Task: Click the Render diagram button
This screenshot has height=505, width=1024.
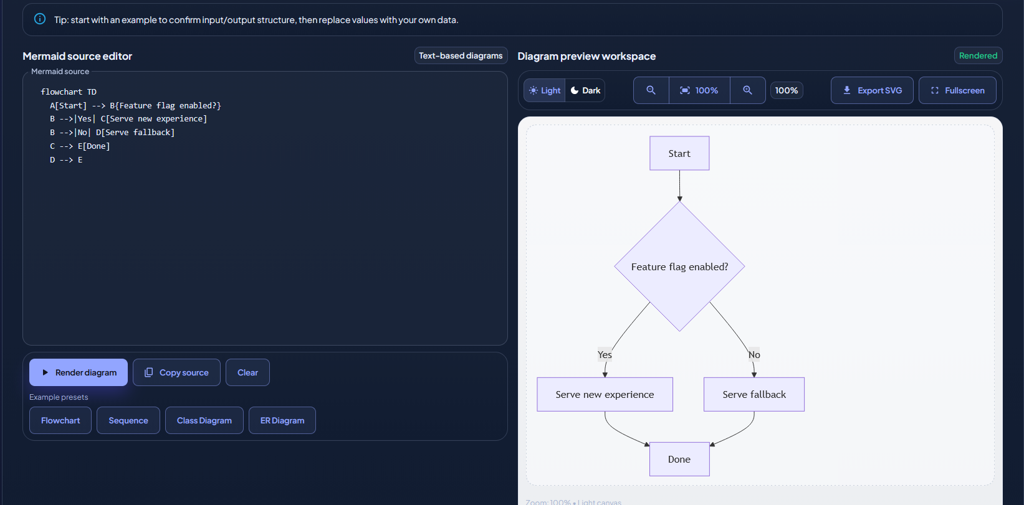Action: click(x=79, y=372)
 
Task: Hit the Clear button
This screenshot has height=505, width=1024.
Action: click(x=247, y=372)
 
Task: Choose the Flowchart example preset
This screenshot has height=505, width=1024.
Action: click(x=60, y=420)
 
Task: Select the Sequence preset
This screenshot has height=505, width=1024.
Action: click(x=128, y=420)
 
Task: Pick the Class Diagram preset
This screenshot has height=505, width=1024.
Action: click(x=204, y=420)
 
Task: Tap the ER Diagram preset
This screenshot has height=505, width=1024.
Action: click(x=282, y=420)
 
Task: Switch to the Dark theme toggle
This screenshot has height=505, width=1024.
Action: click(x=585, y=90)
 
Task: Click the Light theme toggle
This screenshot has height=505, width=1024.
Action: click(x=545, y=90)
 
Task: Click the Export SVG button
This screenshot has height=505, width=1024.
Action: click(x=872, y=90)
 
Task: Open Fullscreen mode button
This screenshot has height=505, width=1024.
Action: click(x=957, y=90)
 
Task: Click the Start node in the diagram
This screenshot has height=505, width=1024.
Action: click(x=679, y=153)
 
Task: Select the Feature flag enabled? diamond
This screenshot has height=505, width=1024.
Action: click(x=679, y=267)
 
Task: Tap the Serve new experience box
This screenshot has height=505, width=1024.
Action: click(x=605, y=394)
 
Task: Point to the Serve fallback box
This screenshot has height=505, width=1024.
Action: click(x=754, y=394)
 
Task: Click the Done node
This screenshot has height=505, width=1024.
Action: click(x=679, y=459)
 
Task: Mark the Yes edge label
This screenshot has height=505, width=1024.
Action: click(x=605, y=355)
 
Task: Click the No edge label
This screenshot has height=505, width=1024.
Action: click(x=754, y=355)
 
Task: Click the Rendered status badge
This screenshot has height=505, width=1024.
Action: click(x=978, y=55)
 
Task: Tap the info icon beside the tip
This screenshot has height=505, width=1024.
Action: click(x=40, y=19)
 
